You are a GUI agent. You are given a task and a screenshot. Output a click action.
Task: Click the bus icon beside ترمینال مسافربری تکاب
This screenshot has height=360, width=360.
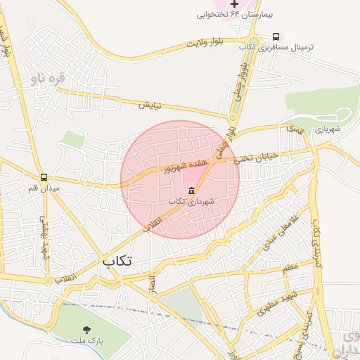pyautogui.click(x=275, y=37)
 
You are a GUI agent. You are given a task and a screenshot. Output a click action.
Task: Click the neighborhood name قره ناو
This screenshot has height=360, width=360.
pyautogui.click(x=48, y=78)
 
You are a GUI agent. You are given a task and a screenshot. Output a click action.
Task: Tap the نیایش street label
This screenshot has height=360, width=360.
pyautogui.click(x=149, y=105)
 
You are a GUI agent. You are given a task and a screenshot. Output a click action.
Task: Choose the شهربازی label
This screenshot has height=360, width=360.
pyautogui.click(x=327, y=129)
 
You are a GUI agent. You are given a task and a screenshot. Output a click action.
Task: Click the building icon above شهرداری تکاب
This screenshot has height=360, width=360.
pyautogui.click(x=191, y=191)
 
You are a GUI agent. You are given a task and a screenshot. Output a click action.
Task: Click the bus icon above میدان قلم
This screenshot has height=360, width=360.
pyautogui.click(x=44, y=178)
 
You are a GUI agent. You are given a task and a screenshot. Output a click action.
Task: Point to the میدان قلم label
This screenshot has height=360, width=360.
pyautogui.click(x=44, y=188)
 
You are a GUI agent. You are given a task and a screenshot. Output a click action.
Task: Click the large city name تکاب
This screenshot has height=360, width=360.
pyautogui.click(x=117, y=261)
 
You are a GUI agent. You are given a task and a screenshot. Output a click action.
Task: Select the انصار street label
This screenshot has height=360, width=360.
pyautogui.click(x=150, y=283)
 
